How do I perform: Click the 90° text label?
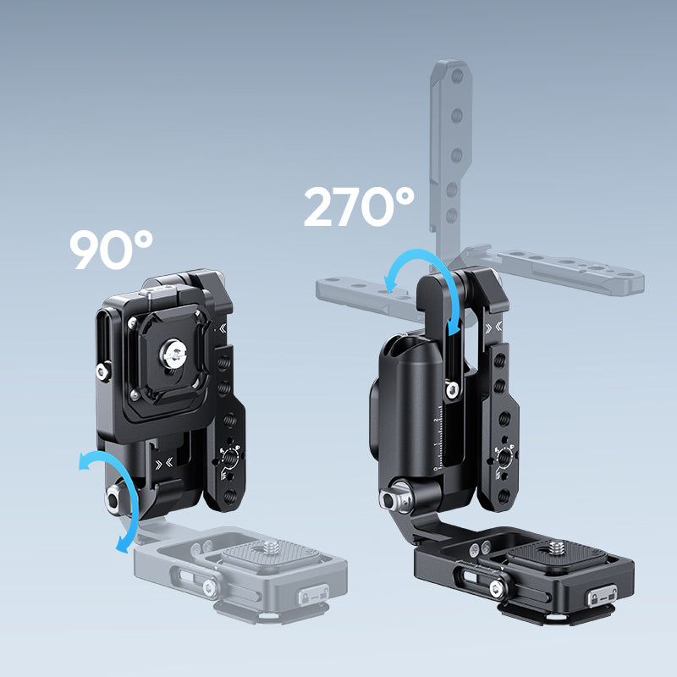coord(112,250)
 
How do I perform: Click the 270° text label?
coord(359,206)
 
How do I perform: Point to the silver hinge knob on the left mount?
coord(114,499)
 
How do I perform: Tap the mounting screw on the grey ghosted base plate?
coord(272,547)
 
